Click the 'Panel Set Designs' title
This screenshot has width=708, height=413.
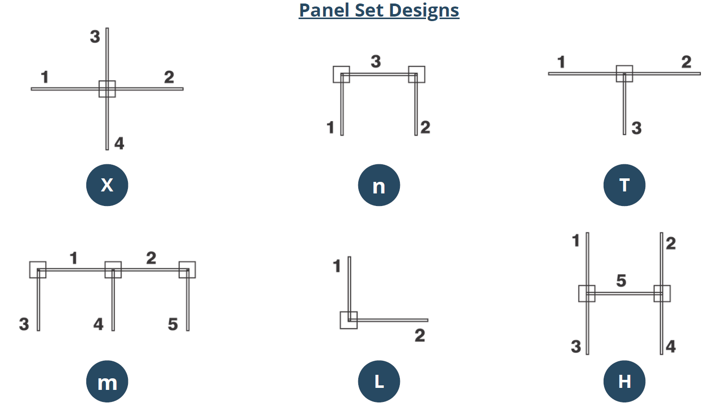tap(379, 10)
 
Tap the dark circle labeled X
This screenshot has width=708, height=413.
tap(107, 185)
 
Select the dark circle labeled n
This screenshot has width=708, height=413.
tap(379, 185)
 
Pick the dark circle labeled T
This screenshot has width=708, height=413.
tap(624, 185)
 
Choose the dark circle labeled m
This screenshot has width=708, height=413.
tap(107, 382)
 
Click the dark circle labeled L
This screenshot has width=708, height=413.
tap(379, 382)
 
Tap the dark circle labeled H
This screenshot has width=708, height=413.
tap(624, 382)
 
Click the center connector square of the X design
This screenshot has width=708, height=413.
tap(107, 89)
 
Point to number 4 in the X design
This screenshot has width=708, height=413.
tap(119, 144)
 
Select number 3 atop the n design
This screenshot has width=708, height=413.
tap(376, 62)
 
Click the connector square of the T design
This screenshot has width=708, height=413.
tap(624, 74)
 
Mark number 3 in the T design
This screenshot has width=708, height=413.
tap(636, 128)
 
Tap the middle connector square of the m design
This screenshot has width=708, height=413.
tap(113, 270)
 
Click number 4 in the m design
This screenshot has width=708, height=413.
tap(98, 325)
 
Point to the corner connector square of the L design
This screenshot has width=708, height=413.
tap(349, 320)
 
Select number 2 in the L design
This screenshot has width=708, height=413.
tap(419, 336)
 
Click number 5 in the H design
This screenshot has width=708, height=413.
tap(621, 281)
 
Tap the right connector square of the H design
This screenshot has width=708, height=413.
tap(662, 293)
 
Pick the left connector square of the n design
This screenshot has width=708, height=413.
tap(341, 74)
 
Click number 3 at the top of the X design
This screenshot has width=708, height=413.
tap(95, 37)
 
